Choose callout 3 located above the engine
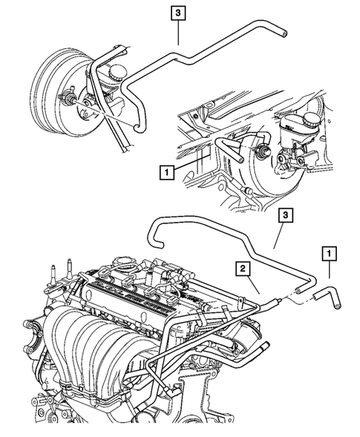[286, 215]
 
